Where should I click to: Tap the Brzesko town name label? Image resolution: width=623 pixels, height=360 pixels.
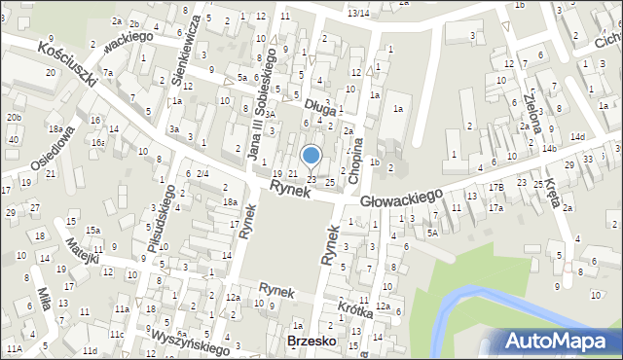pos(311,342)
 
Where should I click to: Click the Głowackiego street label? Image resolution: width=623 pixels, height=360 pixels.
pos(401,198)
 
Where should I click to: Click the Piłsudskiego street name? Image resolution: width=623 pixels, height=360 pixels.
pos(162,227)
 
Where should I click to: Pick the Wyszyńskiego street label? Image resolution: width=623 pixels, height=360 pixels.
pos(190,342)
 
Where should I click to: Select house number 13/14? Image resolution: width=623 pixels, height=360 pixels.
pos(358,13)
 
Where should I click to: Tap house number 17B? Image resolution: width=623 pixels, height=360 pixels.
pos(496,187)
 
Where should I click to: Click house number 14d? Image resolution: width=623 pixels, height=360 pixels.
pos(578,137)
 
